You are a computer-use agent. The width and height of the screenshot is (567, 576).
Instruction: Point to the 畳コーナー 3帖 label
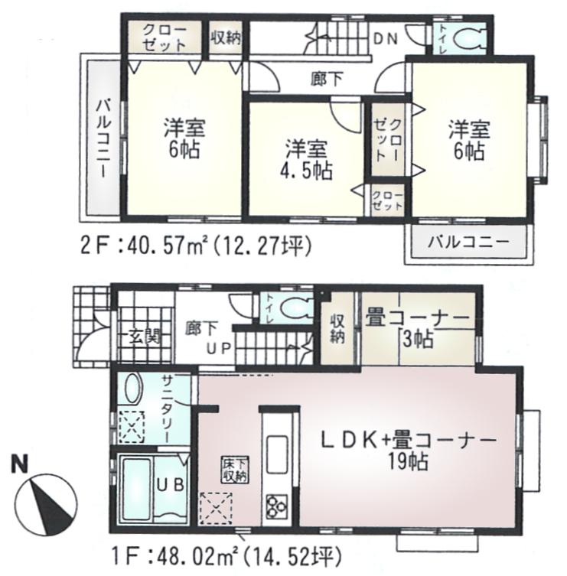point(418,327)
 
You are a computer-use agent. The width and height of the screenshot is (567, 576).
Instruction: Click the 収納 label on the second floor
point(226,37)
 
